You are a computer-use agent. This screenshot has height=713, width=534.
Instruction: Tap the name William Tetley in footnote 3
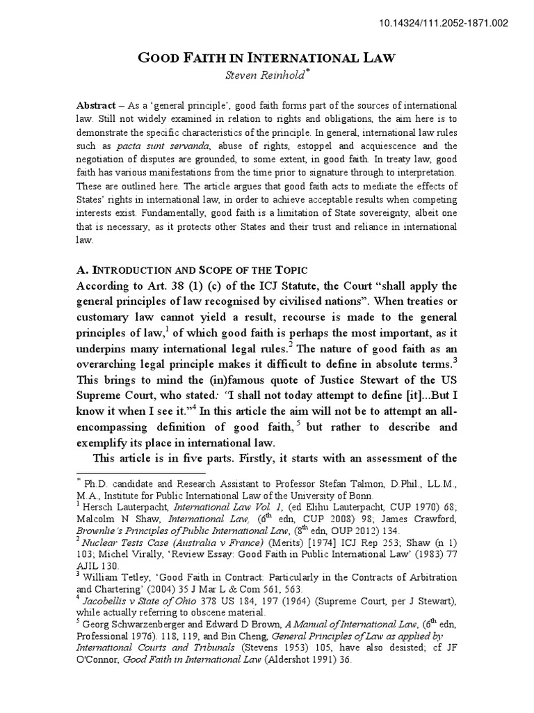pyautogui.click(x=115, y=577)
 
